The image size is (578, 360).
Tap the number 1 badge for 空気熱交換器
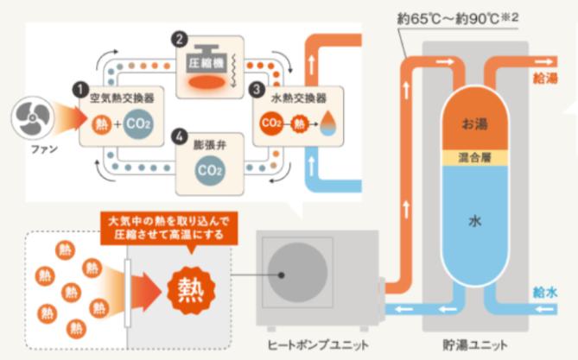79,88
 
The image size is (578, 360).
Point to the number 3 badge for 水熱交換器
254,89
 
